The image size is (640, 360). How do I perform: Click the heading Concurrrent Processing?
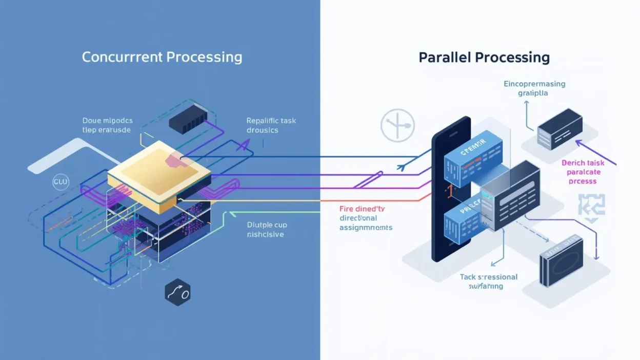[162, 57]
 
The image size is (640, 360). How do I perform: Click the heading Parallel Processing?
[484, 57]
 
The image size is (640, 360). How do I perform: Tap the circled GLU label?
[61, 182]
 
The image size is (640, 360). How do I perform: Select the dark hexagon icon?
[177, 293]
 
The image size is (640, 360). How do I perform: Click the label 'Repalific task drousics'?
[271, 125]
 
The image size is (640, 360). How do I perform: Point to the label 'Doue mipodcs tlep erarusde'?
[107, 125]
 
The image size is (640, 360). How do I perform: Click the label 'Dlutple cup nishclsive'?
[266, 229]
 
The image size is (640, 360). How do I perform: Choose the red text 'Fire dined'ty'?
[362, 209]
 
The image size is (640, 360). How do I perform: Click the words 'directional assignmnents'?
[366, 223]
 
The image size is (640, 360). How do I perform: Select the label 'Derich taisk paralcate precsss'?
[583, 172]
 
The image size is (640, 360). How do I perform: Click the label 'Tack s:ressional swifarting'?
[488, 282]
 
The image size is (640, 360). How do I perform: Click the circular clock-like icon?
[397, 125]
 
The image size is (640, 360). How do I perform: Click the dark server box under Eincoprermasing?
[559, 129]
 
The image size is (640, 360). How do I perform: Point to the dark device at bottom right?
[560, 261]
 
